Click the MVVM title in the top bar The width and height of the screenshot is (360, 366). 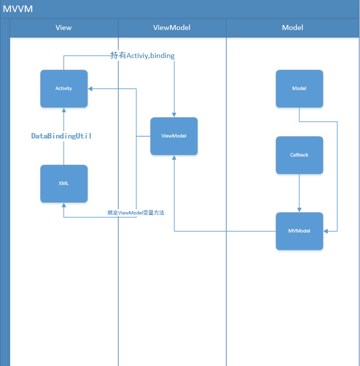18,8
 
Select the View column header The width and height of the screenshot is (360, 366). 63,27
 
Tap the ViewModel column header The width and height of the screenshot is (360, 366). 171,27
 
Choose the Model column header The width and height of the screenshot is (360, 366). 292,27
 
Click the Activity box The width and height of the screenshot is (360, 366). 63,88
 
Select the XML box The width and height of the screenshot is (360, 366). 63,183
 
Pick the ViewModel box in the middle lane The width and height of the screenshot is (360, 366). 174,136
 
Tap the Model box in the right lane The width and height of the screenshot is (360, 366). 299,88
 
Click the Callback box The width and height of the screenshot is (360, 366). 299,155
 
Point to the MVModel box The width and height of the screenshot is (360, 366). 299,231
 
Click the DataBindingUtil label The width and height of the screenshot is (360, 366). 61,136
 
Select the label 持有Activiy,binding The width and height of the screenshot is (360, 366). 142,55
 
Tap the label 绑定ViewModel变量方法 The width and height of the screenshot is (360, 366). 136,212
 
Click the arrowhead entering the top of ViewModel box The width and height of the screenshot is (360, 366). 174,114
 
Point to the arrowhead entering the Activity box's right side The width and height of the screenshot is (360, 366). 90,88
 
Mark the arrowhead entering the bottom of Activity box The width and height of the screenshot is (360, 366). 63,110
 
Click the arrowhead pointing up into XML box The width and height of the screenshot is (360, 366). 63,205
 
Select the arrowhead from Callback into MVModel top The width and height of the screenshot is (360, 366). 299,209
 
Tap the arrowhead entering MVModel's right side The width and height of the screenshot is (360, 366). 326,231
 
